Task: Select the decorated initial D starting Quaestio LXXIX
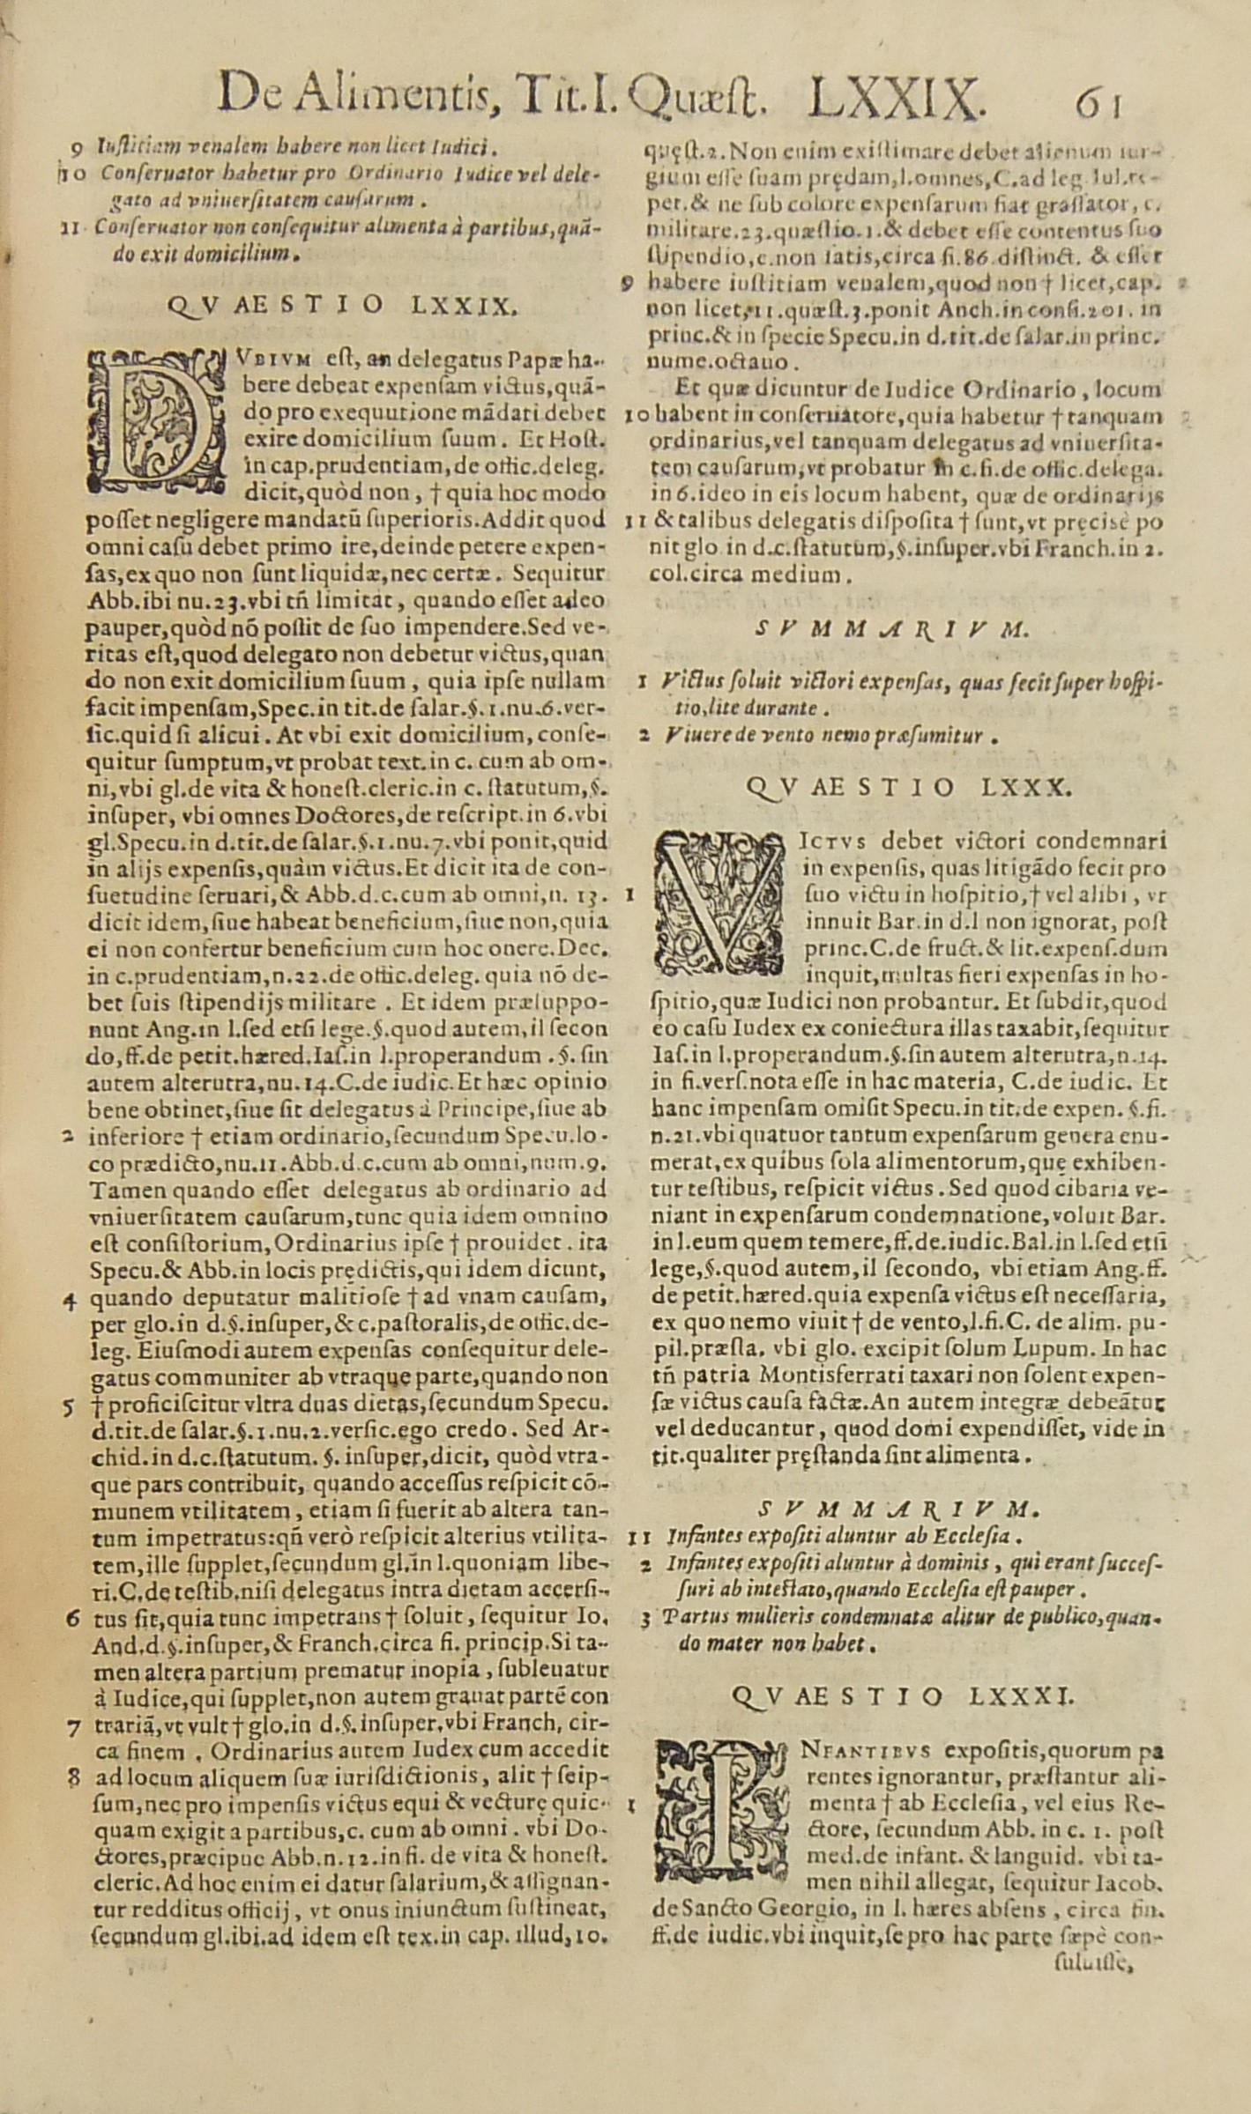(152, 419)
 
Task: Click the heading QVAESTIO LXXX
(908, 787)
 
